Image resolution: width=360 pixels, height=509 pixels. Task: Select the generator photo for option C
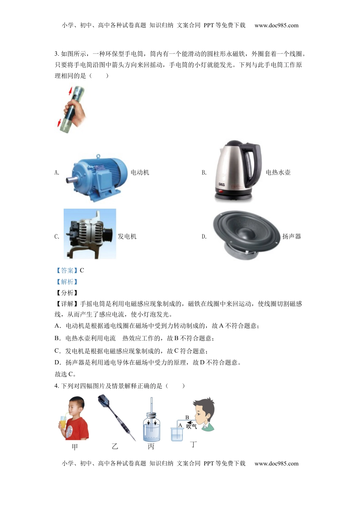[x=90, y=234]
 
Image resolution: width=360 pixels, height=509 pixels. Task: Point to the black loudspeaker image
[x=245, y=234]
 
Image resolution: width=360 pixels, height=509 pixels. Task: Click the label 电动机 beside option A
[x=140, y=173]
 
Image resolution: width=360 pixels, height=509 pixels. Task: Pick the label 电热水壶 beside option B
[x=278, y=173]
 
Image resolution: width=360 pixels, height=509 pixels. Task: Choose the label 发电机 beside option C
[x=127, y=237]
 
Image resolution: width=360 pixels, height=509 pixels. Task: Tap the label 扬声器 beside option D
[x=291, y=237]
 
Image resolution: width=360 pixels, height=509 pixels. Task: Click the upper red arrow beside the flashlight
[x=70, y=91]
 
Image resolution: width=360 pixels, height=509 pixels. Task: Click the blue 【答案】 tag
[x=67, y=270]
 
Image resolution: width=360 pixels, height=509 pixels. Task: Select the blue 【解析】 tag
[x=67, y=282]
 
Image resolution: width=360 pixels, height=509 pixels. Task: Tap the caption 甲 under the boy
[x=75, y=447]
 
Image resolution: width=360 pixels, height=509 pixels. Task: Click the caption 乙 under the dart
[x=115, y=447]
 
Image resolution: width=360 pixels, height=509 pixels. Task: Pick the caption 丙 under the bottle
[x=151, y=447]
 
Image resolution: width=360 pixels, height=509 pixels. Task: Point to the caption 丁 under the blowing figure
[x=194, y=444]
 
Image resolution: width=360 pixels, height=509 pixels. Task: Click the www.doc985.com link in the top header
[x=276, y=25]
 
